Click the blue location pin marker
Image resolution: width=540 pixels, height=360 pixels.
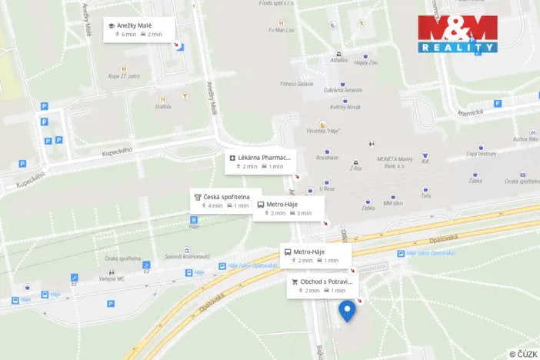click(x=348, y=311)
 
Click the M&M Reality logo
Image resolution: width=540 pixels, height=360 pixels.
click(x=457, y=33)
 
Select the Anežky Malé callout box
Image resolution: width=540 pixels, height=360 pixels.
click(x=139, y=29)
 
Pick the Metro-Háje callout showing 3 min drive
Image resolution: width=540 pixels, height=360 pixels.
click(x=288, y=208)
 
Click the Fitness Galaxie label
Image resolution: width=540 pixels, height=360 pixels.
click(x=297, y=83)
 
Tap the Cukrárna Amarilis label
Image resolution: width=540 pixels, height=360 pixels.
click(x=342, y=90)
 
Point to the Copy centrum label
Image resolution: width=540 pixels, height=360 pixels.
click(x=481, y=154)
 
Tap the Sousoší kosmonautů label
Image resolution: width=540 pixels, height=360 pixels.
click(x=182, y=255)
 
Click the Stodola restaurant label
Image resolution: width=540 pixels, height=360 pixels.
click(x=162, y=107)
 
